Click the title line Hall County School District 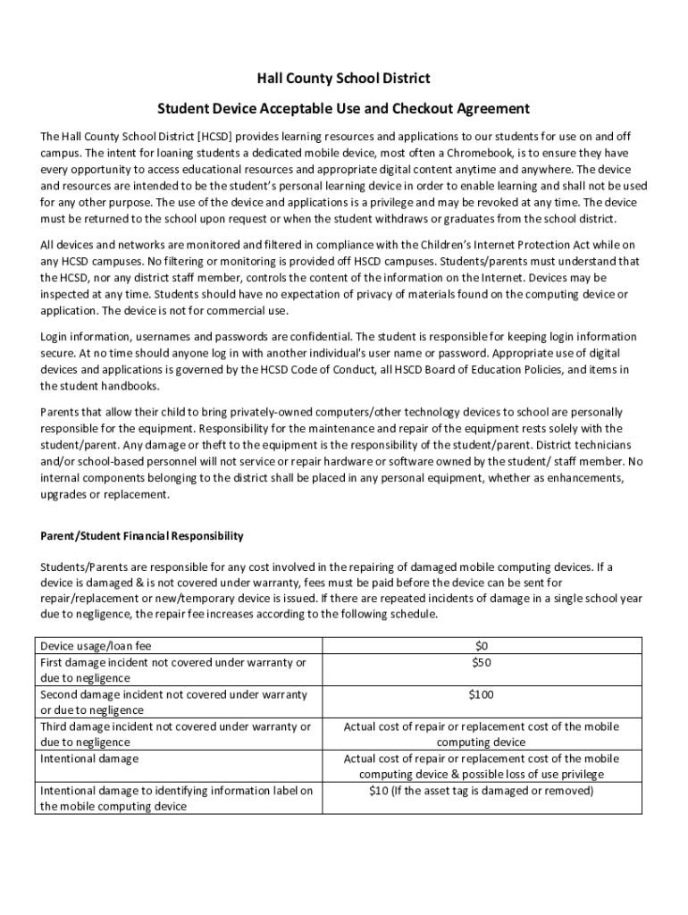coord(343,79)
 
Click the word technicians coord(598,445)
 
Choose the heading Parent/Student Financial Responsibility coord(141,536)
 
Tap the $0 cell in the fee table coord(482,645)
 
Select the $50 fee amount coord(482,662)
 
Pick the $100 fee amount coord(482,694)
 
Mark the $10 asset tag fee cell coord(482,791)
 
